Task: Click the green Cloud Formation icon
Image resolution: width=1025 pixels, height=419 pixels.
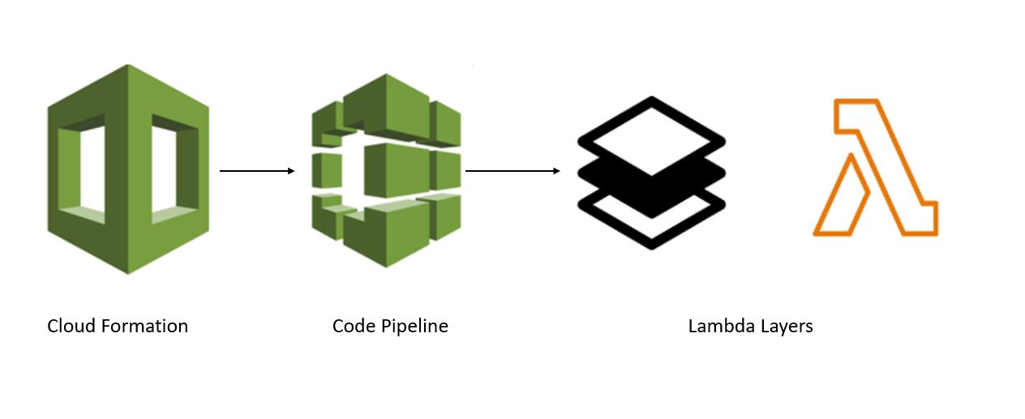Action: pos(127,169)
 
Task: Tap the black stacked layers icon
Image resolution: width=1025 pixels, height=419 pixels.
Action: pos(651,172)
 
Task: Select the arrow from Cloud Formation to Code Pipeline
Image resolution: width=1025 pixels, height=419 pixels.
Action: pos(255,171)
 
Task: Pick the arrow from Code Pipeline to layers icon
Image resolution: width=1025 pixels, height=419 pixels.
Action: pos(512,171)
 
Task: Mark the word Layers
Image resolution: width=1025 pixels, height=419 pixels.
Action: pos(786,326)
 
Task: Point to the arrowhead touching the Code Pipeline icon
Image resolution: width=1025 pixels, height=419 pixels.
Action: pos(289,171)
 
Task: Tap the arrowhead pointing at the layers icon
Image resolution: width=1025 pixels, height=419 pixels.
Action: pos(555,171)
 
